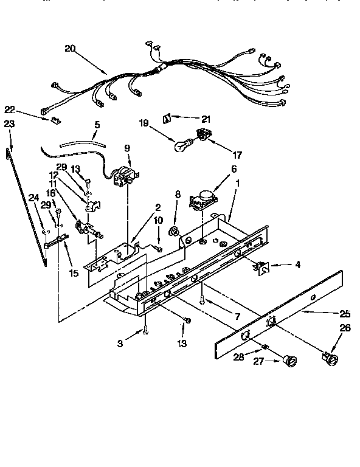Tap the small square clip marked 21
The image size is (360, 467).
pyautogui.click(x=168, y=117)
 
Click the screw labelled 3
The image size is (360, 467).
pyautogui.click(x=147, y=331)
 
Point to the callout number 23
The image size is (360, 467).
pyautogui.click(x=9, y=123)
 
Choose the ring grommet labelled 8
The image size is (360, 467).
pyautogui.click(x=174, y=231)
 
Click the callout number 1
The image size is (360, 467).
pyautogui.click(x=239, y=182)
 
